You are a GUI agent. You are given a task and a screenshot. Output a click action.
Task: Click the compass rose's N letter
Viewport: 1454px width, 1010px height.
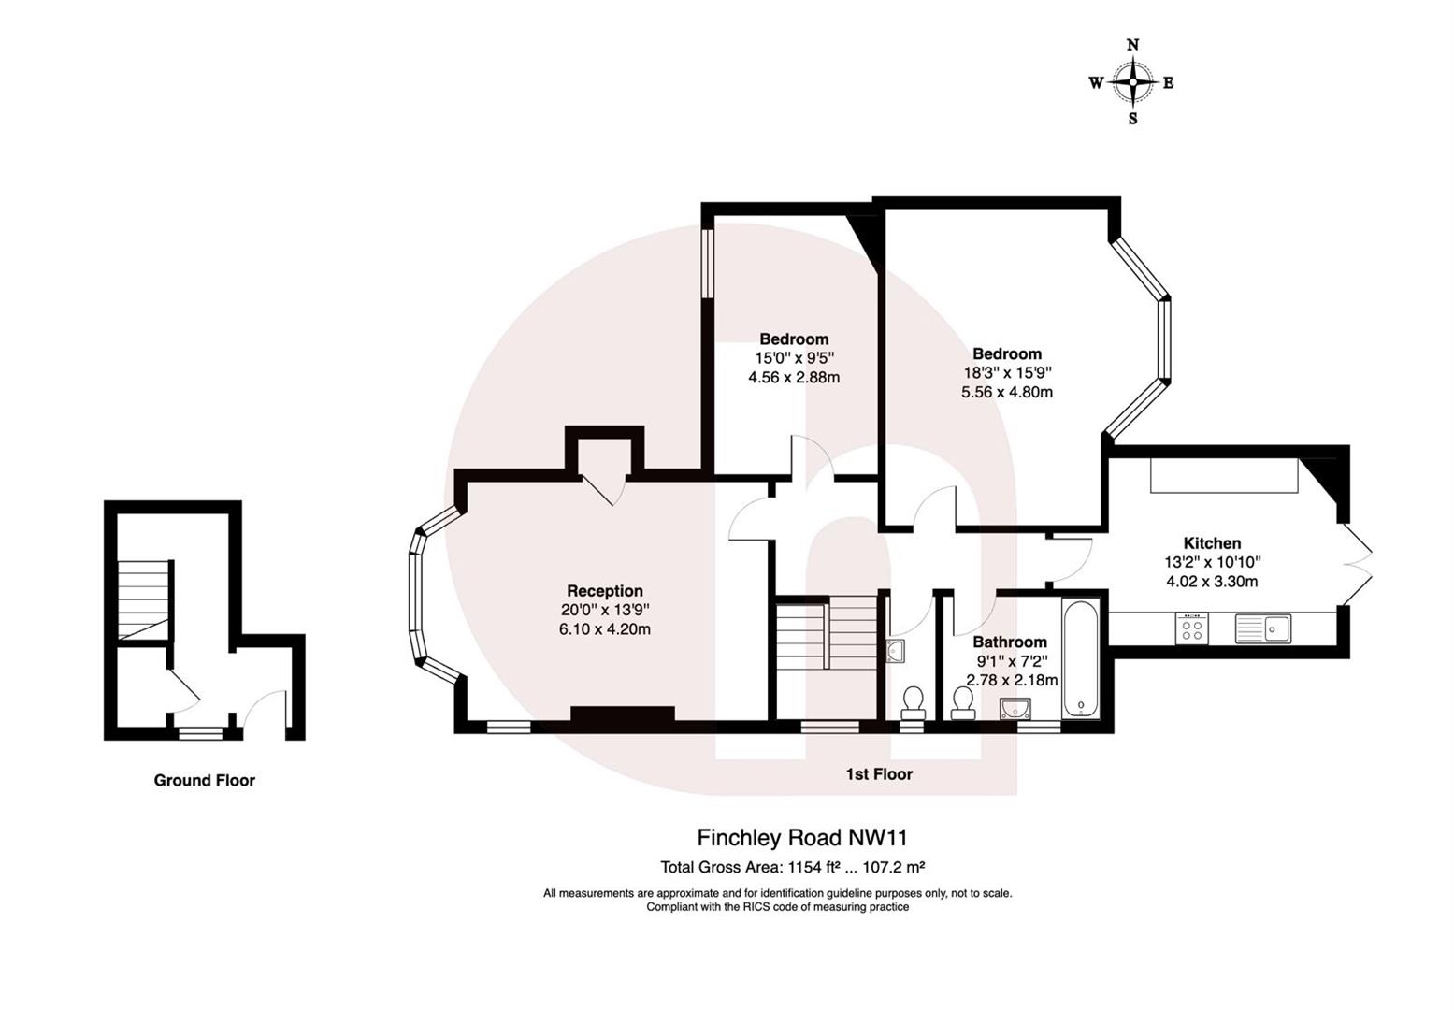pos(1133,45)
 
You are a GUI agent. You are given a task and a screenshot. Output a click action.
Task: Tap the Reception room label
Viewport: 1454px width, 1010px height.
pos(605,591)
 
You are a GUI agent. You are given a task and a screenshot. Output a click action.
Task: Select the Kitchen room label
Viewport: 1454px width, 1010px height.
pos(1212,543)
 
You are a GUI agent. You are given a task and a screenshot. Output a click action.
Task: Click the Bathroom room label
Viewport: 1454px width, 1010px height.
pos(1010,642)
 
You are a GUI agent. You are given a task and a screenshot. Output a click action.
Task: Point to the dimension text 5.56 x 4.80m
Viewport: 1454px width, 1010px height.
pos(1007,393)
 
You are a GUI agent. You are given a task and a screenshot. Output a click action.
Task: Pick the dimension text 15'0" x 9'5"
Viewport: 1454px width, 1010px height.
pos(794,358)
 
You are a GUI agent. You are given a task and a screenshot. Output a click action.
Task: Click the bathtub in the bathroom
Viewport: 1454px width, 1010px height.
pos(1083,660)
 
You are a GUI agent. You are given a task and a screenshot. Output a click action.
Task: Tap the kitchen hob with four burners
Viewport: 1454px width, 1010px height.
pos(1192,628)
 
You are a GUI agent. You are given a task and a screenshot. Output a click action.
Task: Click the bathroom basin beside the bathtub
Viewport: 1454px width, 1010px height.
pos(1015,709)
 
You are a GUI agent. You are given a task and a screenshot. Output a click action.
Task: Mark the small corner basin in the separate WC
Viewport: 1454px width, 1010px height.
pos(895,651)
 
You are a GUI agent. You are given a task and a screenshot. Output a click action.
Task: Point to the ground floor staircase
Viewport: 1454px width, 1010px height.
pos(144,599)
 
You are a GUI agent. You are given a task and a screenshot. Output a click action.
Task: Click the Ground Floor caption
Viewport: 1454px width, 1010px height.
pos(204,781)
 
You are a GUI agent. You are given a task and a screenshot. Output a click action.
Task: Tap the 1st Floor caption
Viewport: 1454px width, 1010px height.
pos(879,774)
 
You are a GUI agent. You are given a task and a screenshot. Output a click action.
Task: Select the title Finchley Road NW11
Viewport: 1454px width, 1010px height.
pos(802,837)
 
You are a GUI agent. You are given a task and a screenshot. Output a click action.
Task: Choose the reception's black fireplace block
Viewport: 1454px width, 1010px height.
pos(623,714)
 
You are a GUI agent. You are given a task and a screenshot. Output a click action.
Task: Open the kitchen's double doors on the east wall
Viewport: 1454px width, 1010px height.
pos(1357,562)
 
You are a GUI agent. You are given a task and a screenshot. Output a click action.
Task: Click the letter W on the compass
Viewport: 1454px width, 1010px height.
pos(1096,83)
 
